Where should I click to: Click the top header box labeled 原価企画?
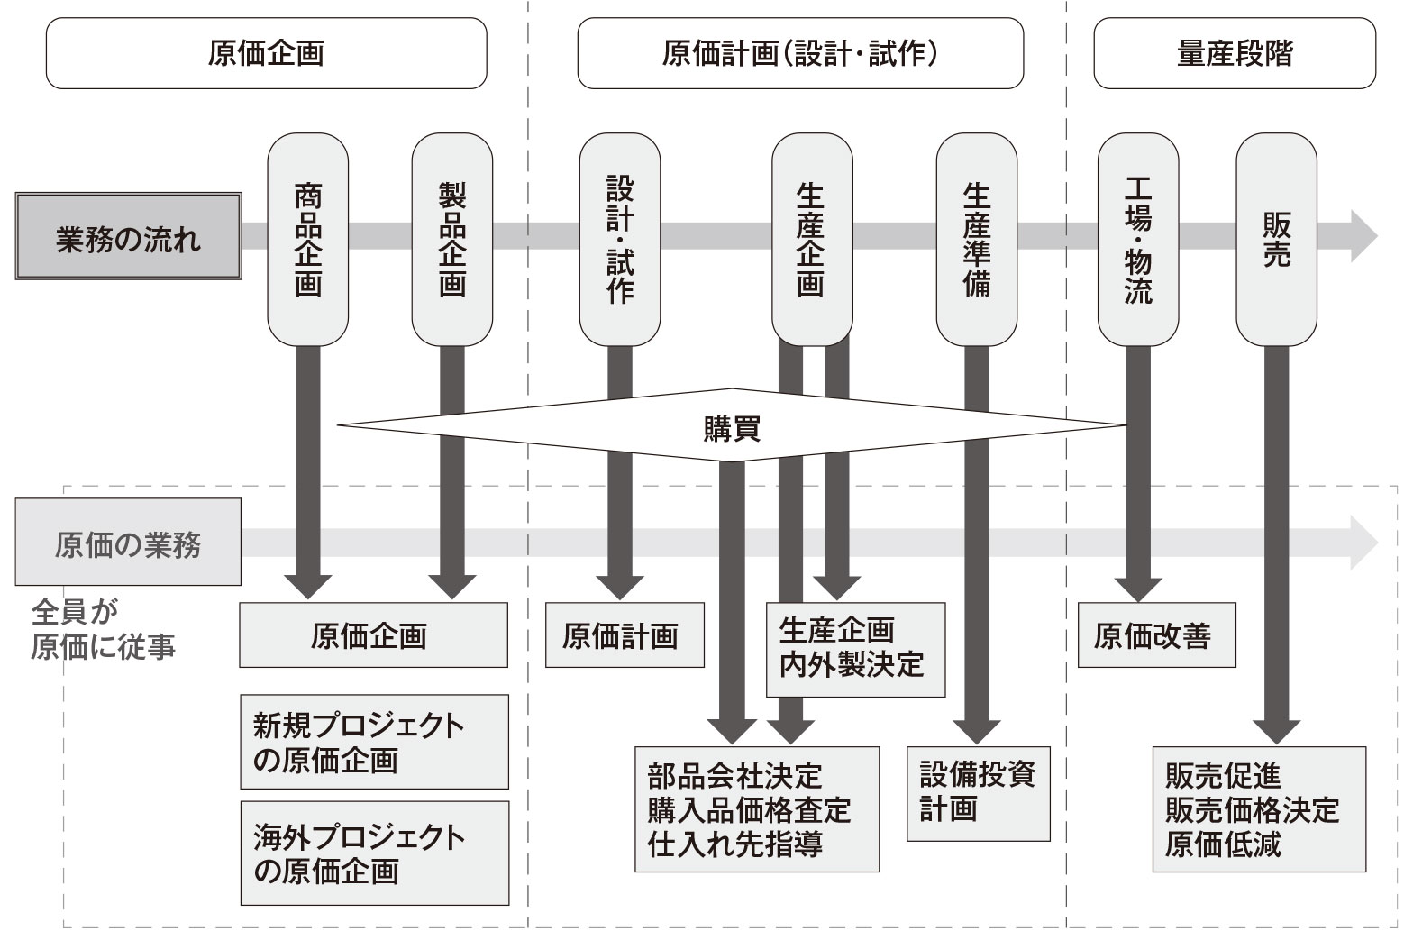click(x=266, y=53)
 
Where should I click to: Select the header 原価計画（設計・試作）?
click(x=800, y=53)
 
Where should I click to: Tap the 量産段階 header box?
click(x=1234, y=53)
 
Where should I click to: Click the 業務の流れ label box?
click(x=128, y=236)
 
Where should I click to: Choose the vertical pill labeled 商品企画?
click(x=308, y=240)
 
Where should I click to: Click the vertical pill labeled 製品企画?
click(x=451, y=240)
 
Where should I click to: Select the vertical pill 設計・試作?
click(x=620, y=240)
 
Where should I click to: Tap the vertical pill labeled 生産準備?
click(x=976, y=240)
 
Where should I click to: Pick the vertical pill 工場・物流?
click(x=1137, y=240)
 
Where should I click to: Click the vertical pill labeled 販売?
click(x=1276, y=240)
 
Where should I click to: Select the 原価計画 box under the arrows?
click(x=624, y=635)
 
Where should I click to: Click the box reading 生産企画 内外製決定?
click(x=854, y=648)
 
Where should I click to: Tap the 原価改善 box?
click(x=1155, y=635)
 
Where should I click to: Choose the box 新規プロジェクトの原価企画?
click(x=374, y=742)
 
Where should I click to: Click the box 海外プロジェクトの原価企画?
click(x=374, y=853)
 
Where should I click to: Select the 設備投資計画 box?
click(x=978, y=792)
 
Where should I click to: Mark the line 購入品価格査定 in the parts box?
click(x=748, y=809)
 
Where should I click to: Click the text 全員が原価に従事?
click(x=103, y=629)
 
